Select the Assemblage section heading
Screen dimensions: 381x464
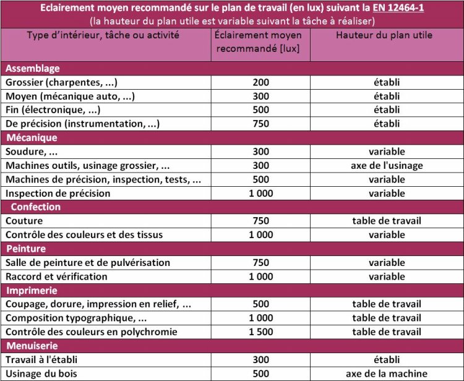32,68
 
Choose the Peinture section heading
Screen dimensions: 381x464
26,249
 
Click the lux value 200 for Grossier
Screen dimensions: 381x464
260,82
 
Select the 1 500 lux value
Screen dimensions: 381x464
260,332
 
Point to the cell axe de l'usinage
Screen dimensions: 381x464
387,165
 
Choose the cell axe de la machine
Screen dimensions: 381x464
387,374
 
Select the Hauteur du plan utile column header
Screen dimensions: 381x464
384,35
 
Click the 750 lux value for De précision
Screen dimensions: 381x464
260,124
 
